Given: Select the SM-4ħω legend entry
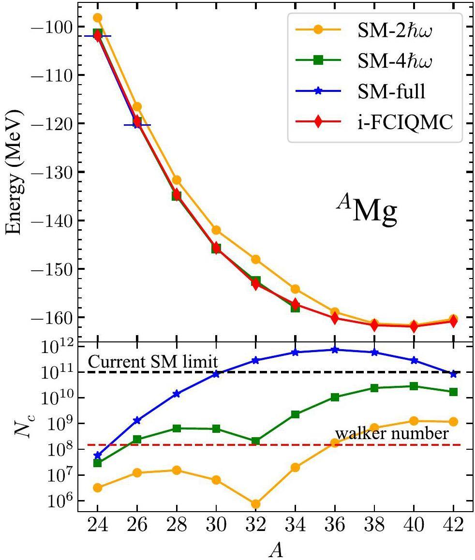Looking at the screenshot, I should pos(375,60).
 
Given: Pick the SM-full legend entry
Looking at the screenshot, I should pos(375,91).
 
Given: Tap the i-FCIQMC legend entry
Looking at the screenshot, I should pos(375,122).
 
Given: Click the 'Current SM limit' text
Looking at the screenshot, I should pos(153,362).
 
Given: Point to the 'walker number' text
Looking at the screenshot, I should pos(392,433).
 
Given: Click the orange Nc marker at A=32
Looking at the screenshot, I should pos(256,504).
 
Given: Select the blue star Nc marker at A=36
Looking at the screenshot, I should pos(335,350).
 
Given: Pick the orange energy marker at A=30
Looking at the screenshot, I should pos(216,230).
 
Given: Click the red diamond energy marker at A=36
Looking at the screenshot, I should pos(335,318).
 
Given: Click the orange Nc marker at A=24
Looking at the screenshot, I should pos(98,487).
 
